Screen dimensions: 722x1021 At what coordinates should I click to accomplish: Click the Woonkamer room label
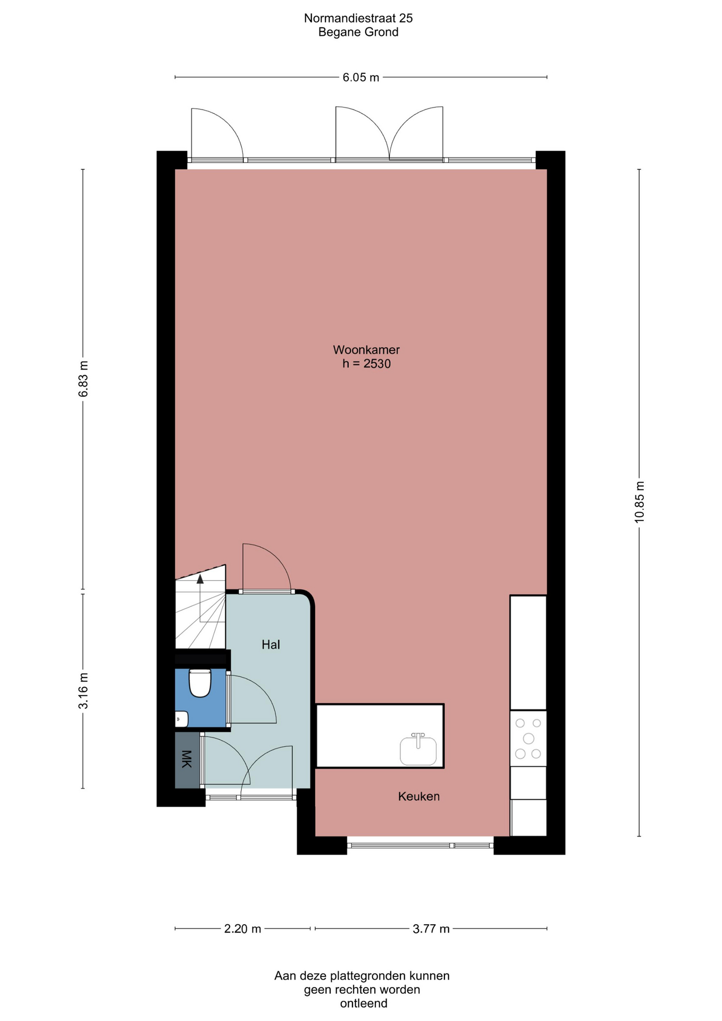pos(366,350)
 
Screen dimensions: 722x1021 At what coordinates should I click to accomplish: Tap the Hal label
pos(271,645)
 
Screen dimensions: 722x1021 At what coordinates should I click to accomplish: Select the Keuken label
pos(419,796)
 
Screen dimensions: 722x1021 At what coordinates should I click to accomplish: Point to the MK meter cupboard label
pos(186,759)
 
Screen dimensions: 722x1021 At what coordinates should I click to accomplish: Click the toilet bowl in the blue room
pos(200,683)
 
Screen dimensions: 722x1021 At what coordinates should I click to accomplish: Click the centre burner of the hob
pos(528,738)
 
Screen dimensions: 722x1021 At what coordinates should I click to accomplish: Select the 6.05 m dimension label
pos(361,77)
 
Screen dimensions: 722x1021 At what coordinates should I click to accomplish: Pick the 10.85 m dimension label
pos(639,502)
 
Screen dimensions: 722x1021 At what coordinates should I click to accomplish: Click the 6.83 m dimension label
pos(83,379)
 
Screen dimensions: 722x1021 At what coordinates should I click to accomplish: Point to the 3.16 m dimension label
pos(83,690)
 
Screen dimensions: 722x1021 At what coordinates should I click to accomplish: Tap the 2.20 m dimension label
pos(242,928)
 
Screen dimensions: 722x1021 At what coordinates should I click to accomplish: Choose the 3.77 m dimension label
pos(431,928)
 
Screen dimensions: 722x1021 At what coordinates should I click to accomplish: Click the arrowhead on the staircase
pos(200,579)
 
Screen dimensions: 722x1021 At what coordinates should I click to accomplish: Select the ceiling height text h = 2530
pos(366,364)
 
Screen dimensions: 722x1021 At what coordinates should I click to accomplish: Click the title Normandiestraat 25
pos(358,18)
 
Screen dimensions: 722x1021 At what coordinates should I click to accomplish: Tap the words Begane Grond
pos(358,32)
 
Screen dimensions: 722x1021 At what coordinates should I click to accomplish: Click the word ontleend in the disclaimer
pos(364,1003)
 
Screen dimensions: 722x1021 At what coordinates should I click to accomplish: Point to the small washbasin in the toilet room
pos(181,719)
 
